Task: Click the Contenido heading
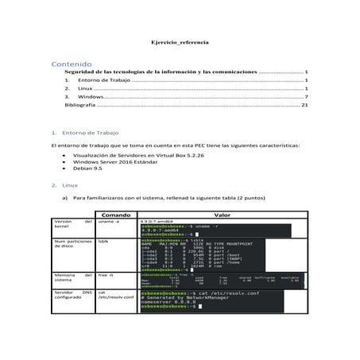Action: point(70,62)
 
